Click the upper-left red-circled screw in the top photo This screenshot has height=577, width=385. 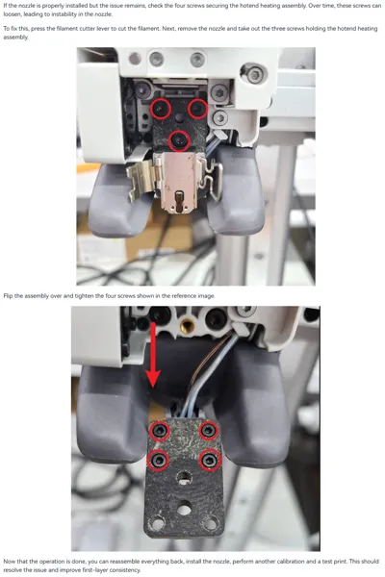161,108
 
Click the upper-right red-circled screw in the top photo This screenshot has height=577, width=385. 197,108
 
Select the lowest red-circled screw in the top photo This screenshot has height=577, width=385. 179,140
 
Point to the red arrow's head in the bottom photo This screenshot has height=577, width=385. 153,378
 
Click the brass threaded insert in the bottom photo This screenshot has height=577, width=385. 188,325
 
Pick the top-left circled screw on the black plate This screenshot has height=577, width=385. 160,431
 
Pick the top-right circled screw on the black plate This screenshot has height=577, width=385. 209,430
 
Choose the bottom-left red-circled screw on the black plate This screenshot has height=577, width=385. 159,460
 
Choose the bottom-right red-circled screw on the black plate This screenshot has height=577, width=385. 209,460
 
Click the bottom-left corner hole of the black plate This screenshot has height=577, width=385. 158,522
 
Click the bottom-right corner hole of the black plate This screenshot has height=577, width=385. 210,522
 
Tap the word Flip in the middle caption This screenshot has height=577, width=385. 8,296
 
